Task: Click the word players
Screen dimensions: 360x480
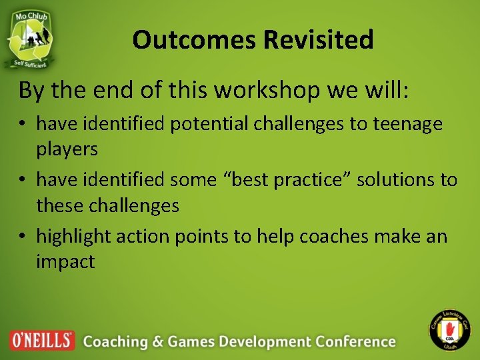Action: pos(67,149)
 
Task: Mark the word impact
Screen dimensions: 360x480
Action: pos(65,261)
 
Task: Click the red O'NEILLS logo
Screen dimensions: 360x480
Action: pos(42,340)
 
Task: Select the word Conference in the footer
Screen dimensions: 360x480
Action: pos(356,341)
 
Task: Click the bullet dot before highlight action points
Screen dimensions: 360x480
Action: pos(25,237)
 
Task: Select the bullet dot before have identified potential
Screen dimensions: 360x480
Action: pos(25,124)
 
